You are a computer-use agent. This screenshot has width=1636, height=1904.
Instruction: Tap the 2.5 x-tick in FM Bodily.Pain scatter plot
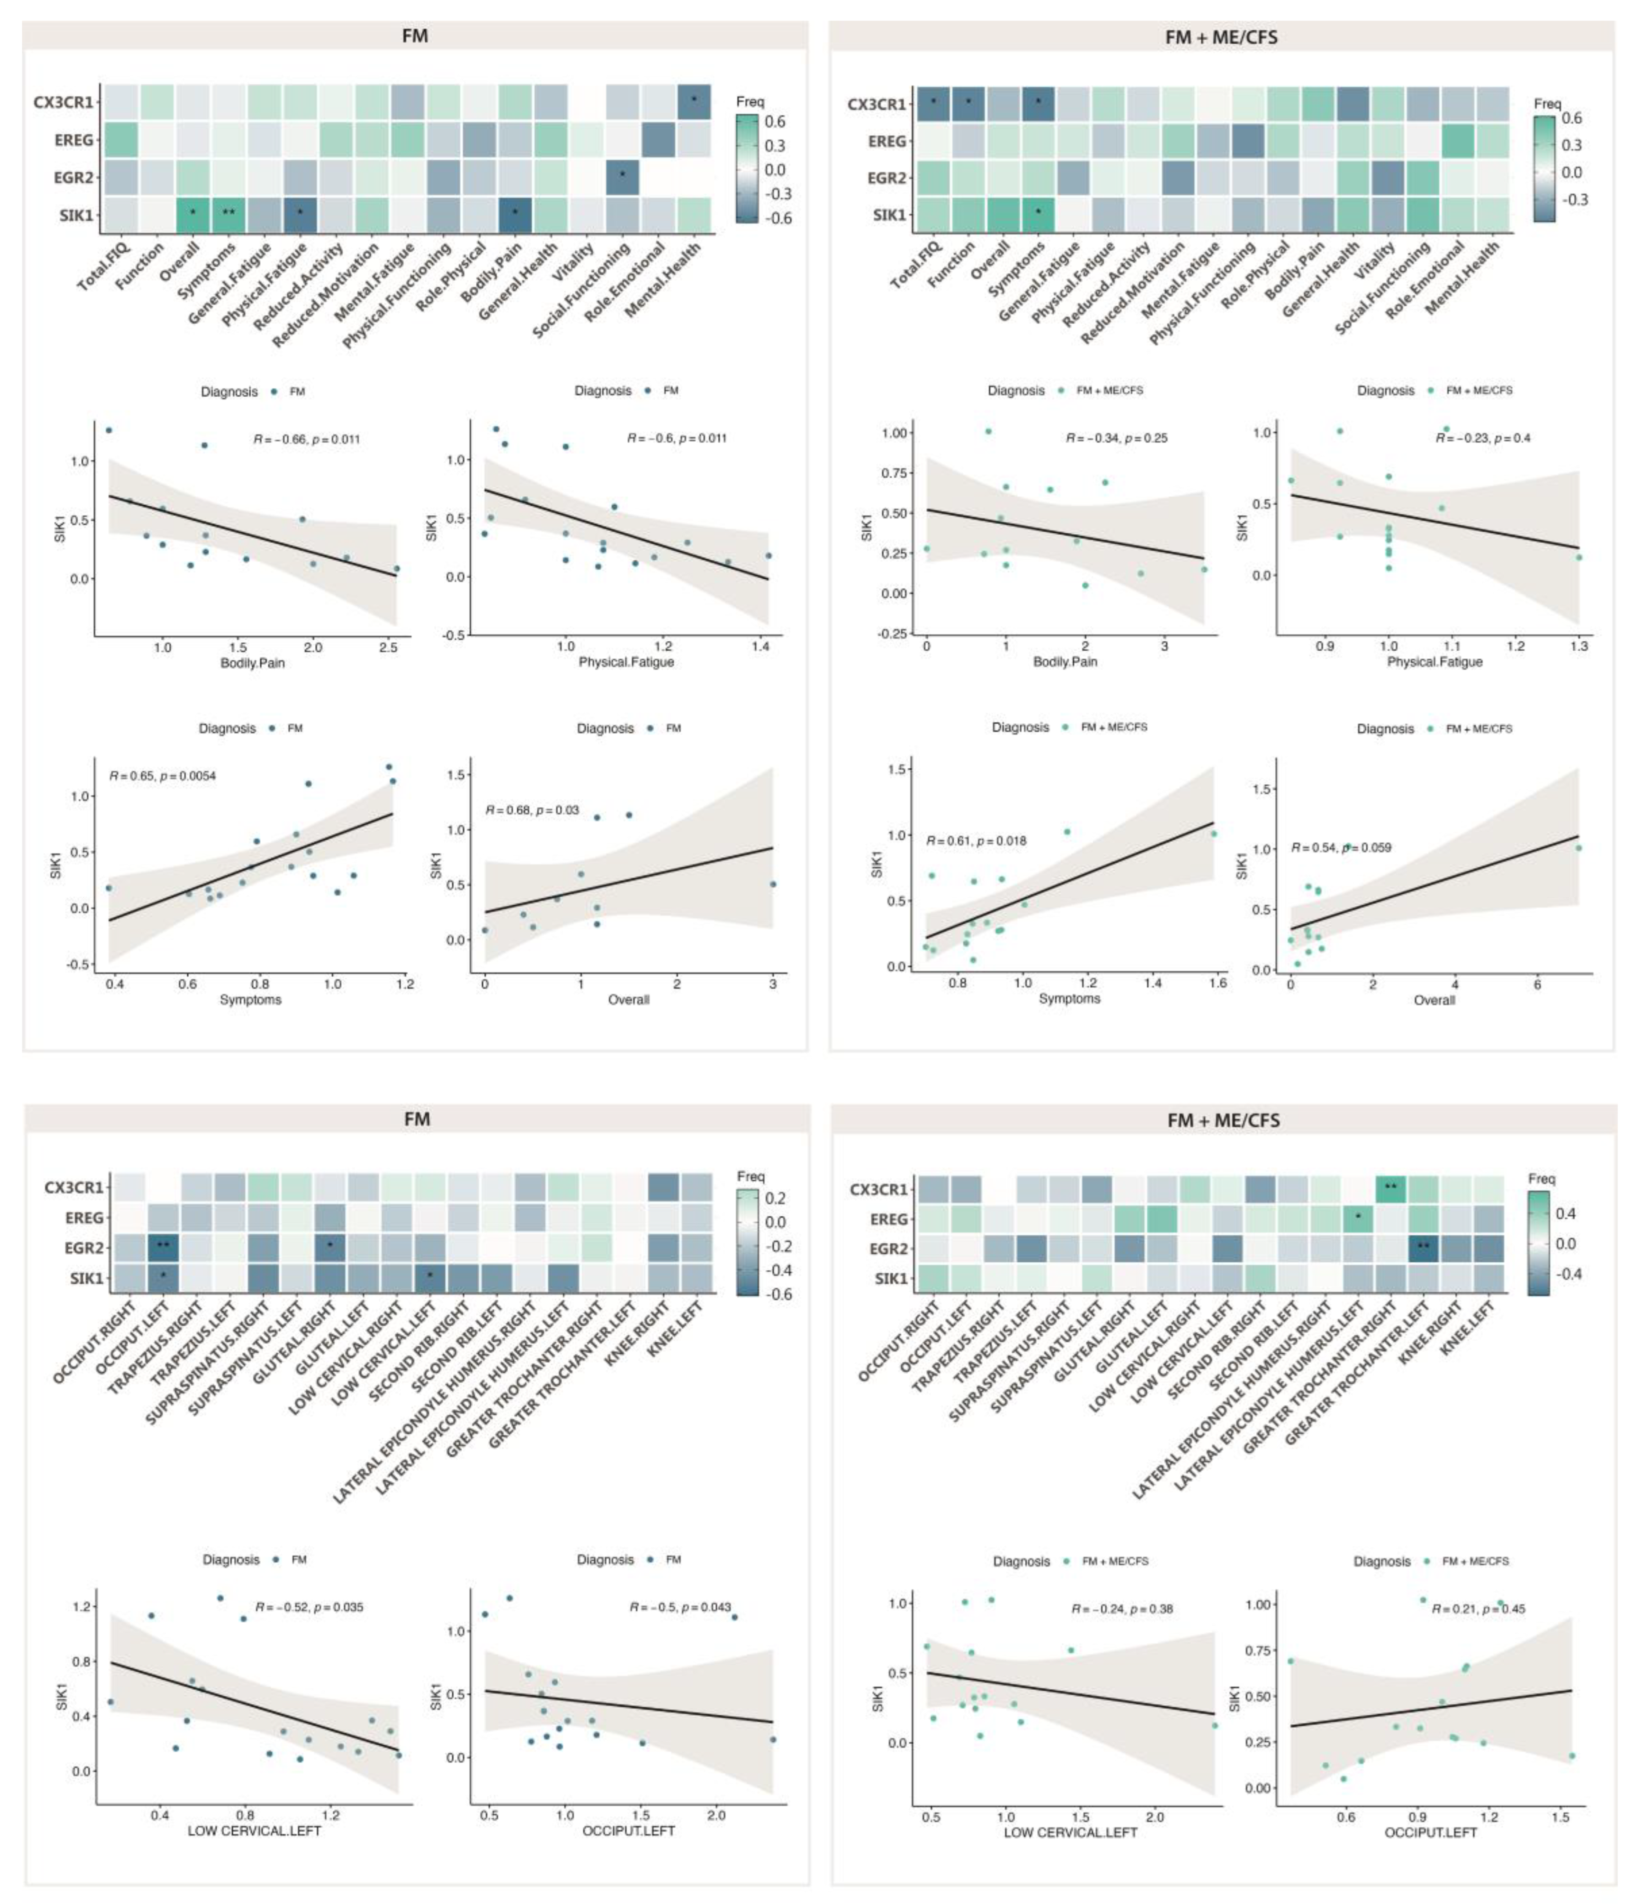tap(389, 648)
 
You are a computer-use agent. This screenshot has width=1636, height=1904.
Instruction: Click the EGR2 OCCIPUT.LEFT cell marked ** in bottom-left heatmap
tap(164, 1247)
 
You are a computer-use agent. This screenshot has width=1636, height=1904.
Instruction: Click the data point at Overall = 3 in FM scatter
tap(773, 884)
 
